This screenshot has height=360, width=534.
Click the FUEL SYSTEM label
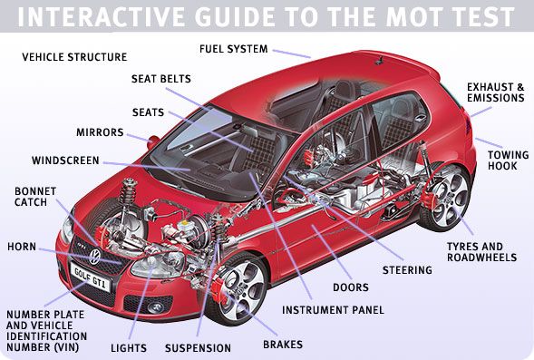pyautogui.click(x=234, y=49)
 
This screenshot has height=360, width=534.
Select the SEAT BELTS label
pyautogui.click(x=161, y=79)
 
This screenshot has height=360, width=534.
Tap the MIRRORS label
pyautogui.click(x=100, y=132)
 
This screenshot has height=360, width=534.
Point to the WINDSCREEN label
pyautogui.click(x=65, y=161)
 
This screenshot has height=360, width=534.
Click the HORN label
pyautogui.click(x=22, y=247)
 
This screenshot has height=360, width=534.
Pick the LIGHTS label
pyautogui.click(x=129, y=348)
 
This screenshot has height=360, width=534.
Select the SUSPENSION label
pyautogui.click(x=198, y=348)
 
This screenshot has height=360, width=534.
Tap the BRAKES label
pyautogui.click(x=283, y=345)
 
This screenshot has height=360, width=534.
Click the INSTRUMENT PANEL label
pyautogui.click(x=333, y=310)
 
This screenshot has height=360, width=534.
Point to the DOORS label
pyautogui.click(x=351, y=287)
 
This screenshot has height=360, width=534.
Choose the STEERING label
pyautogui.click(x=407, y=270)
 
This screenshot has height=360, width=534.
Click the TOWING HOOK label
pyautogui.click(x=508, y=161)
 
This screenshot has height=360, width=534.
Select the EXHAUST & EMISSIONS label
pyautogui.click(x=496, y=92)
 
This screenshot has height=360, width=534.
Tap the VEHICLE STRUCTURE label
pyautogui.click(x=74, y=57)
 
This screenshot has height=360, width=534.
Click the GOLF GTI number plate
pyautogui.click(x=91, y=277)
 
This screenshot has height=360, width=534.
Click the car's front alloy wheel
pyautogui.click(x=241, y=290)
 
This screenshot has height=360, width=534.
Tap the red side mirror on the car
pyautogui.click(x=153, y=142)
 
